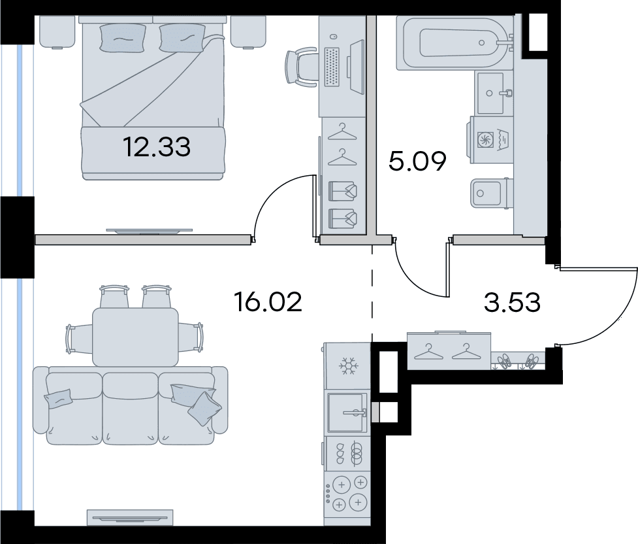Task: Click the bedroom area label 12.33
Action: [x=156, y=147]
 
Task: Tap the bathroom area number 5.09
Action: [x=417, y=161]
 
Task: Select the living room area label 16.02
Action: [x=268, y=302]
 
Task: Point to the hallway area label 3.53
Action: [x=512, y=302]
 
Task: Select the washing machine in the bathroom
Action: [x=491, y=140]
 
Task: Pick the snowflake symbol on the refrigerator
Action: [x=349, y=367]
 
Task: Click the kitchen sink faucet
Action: [x=355, y=413]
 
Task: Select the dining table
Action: [x=135, y=337]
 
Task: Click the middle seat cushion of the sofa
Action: [x=130, y=407]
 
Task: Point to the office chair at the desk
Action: [x=300, y=67]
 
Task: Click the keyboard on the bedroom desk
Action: [x=332, y=67]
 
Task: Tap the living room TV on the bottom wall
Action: [x=130, y=518]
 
